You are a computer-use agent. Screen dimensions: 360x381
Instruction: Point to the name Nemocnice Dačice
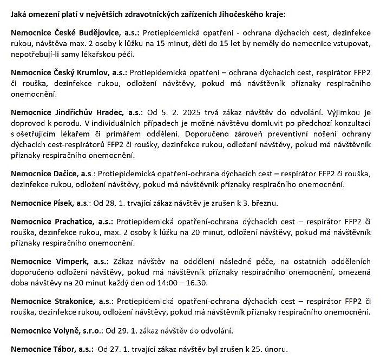[44, 175]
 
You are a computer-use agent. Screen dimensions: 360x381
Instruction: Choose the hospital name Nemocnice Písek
[41, 203]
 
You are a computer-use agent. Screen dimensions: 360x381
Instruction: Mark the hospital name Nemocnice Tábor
[42, 349]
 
